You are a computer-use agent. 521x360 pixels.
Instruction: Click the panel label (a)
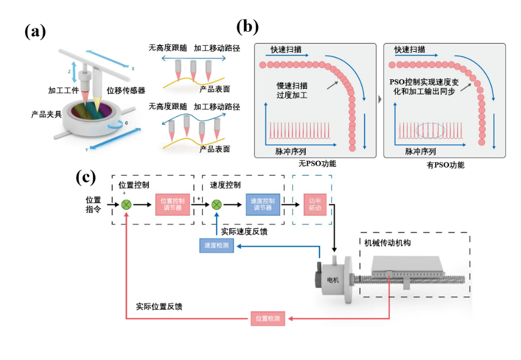pyautogui.click(x=35, y=32)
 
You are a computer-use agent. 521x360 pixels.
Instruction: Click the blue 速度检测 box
pyautogui.click(x=216, y=246)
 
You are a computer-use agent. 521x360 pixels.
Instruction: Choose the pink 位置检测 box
pyautogui.click(x=267, y=319)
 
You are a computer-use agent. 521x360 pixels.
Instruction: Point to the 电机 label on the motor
pyautogui.click(x=332, y=279)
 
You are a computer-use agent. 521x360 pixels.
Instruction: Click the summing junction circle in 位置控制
pyautogui.click(x=126, y=205)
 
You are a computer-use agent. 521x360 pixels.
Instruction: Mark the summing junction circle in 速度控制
pyautogui.click(x=216, y=205)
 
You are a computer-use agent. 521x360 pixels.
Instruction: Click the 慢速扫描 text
pyautogui.click(x=292, y=86)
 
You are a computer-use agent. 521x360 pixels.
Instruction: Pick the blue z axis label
pyautogui.click(x=69, y=72)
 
